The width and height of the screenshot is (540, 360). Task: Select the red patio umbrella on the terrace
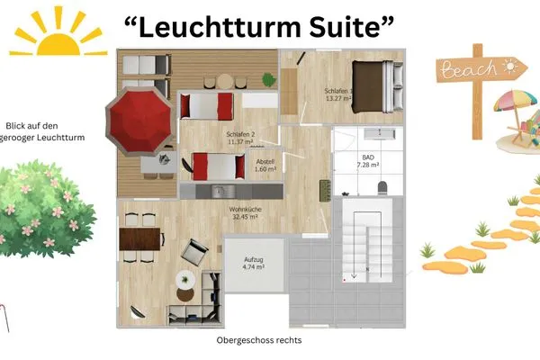139,115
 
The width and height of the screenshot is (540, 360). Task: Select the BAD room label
367,157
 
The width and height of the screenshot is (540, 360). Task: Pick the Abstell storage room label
265,162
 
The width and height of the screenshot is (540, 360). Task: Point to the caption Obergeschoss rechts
259,341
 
